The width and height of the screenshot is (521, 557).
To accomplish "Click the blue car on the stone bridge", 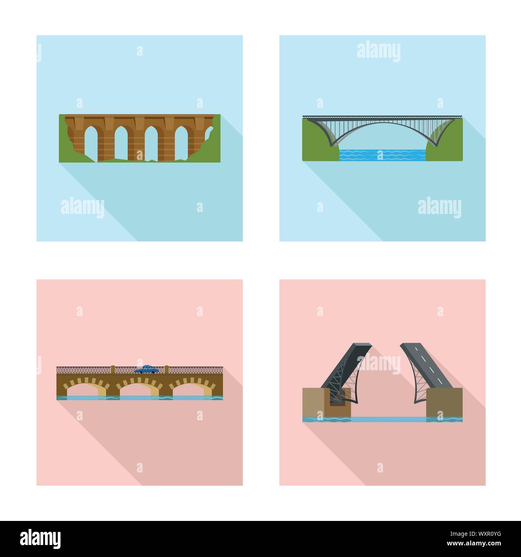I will (x=146, y=369).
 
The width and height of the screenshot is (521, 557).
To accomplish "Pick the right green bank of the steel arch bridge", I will (x=445, y=144).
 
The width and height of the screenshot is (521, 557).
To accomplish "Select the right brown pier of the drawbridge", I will (x=444, y=402).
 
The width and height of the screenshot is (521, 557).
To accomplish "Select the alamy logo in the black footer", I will (x=41, y=539).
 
